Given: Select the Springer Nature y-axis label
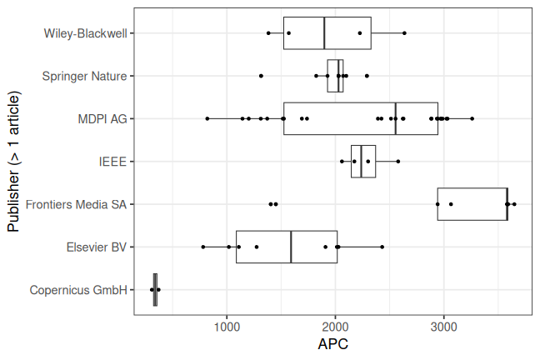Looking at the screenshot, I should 84,76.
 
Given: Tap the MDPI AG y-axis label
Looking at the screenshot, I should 102,119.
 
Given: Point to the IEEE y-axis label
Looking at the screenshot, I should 112,162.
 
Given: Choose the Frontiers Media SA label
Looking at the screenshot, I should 77,204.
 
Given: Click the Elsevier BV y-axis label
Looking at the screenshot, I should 96,247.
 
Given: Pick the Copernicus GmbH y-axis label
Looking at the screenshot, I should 78,290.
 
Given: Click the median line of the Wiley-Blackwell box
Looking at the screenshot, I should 324,33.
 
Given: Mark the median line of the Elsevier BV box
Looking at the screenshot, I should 291,247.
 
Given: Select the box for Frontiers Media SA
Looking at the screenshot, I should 472,204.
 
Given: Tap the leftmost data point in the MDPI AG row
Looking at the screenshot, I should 207,119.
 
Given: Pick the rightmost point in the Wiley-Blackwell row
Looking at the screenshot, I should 405,33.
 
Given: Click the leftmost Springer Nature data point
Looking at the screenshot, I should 261,76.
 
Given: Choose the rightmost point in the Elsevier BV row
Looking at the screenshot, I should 382,247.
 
